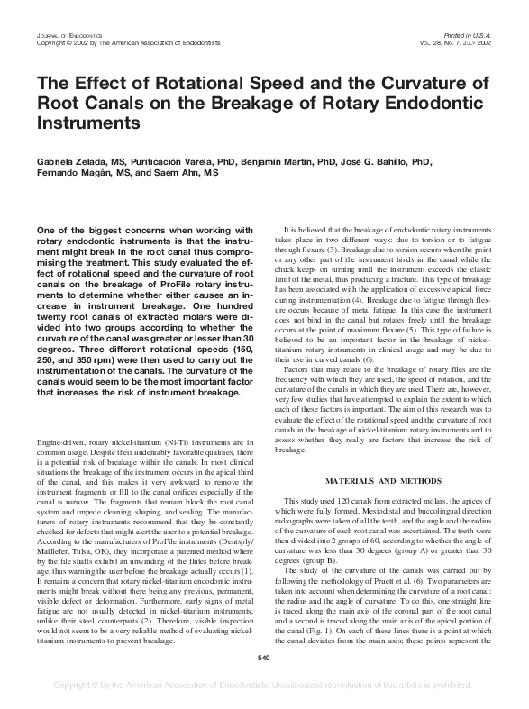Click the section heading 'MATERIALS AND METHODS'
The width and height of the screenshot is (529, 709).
click(388, 481)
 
